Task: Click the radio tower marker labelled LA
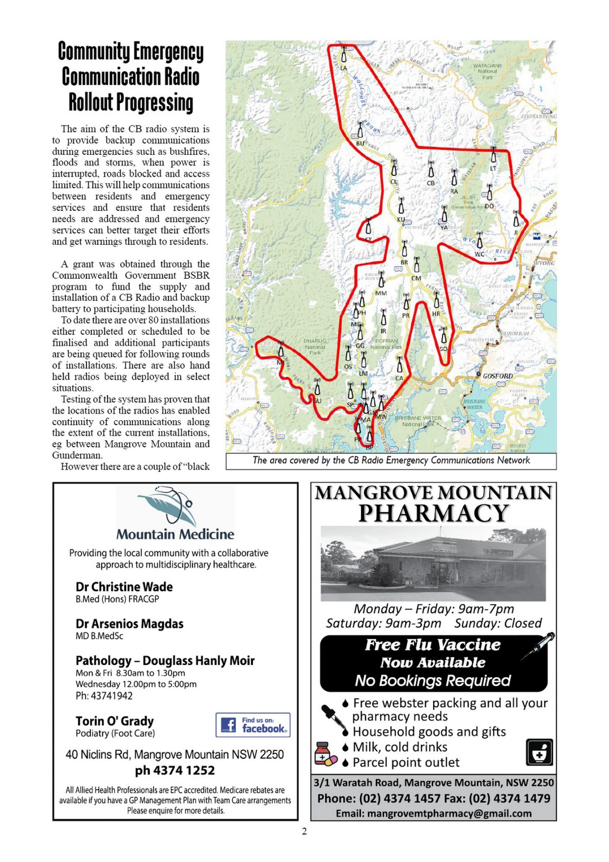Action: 344,55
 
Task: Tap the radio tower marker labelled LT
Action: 493,154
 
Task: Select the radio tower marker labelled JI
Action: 516,220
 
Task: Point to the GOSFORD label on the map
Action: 497,376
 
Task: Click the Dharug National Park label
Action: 315,347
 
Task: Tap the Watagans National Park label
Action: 487,71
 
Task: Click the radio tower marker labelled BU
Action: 360,130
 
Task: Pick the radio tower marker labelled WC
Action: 479,240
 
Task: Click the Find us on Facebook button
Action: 252,725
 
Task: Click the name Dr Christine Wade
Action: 124,587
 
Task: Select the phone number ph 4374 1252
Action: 175,770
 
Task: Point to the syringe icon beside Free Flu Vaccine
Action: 538,646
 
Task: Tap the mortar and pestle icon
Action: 539,752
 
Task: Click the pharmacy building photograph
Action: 433,563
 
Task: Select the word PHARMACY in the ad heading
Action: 433,513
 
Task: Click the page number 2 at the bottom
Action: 304,831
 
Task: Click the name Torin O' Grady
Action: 115,721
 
